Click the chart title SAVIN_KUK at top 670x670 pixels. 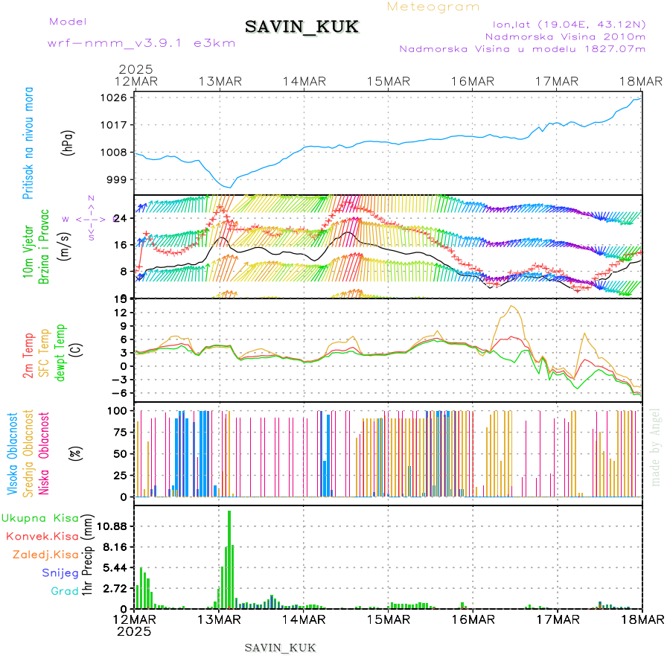point(301,28)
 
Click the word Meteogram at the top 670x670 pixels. point(434,7)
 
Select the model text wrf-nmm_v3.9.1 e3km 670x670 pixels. point(141,43)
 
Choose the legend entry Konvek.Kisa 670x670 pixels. point(42,535)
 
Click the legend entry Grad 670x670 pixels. point(64,591)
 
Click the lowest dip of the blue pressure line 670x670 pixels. point(230,187)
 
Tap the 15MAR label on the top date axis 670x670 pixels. point(389,81)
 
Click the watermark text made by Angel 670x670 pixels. point(655,447)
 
